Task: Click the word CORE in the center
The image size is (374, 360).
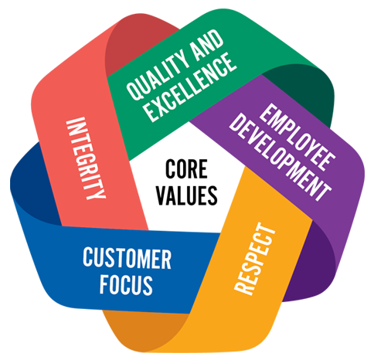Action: coord(186,169)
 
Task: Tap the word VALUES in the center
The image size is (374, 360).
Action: coord(187,195)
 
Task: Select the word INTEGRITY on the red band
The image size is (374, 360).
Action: coord(86,158)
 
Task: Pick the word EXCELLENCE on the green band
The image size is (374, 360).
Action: coord(190,87)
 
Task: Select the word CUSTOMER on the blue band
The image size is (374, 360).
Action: coord(127,258)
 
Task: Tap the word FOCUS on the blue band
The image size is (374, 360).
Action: coord(126,284)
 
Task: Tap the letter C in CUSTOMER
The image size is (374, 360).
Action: coord(88,257)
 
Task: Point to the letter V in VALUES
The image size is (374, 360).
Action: coord(162,195)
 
